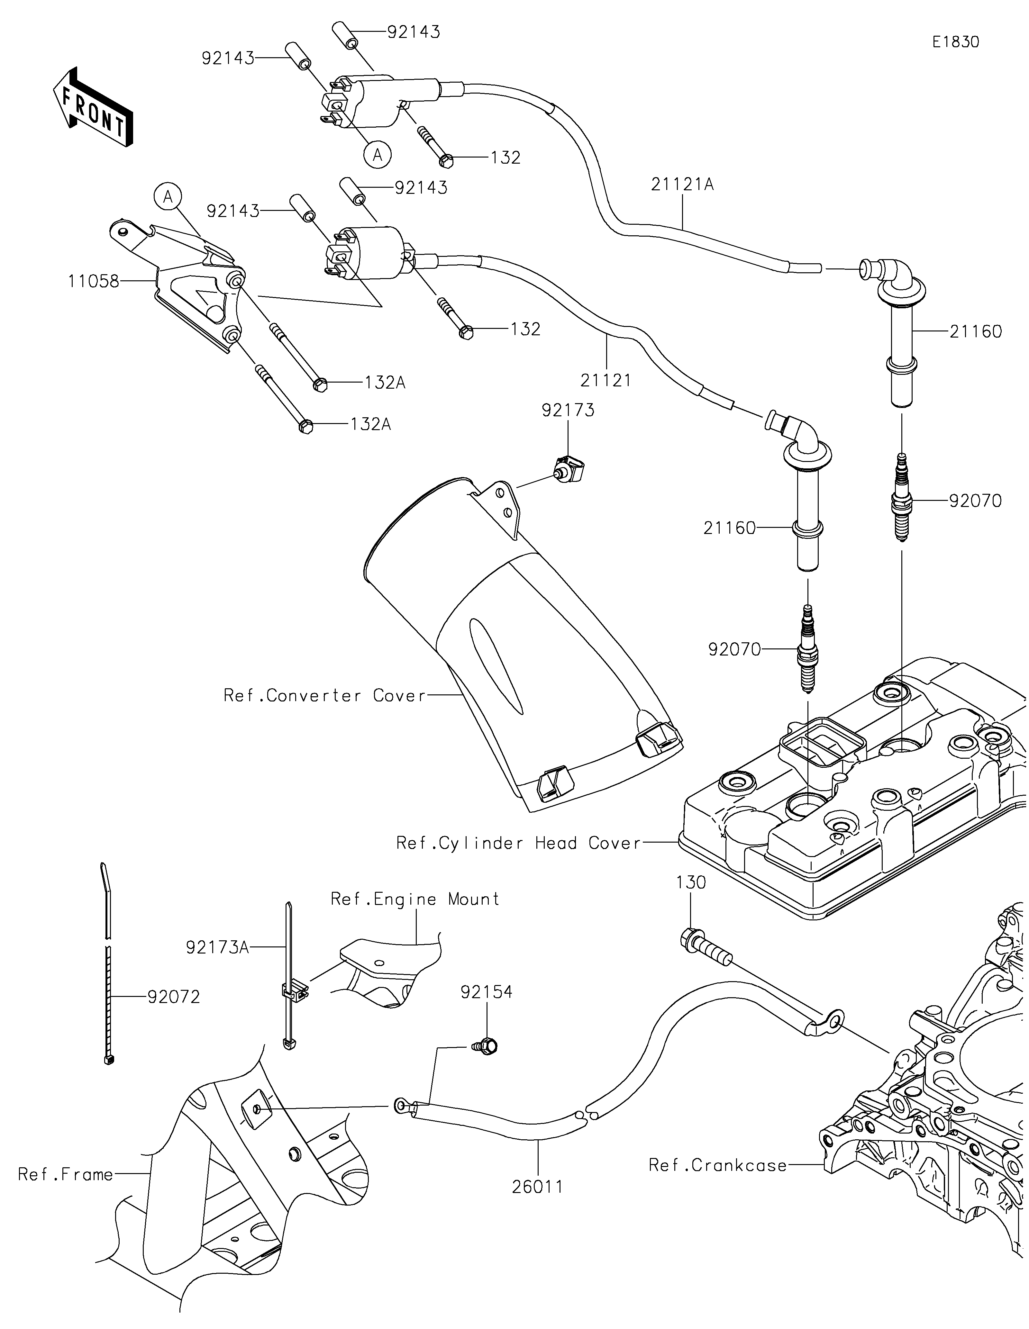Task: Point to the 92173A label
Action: click(217, 947)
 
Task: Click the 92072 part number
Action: click(173, 997)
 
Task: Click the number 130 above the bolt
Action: click(691, 882)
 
